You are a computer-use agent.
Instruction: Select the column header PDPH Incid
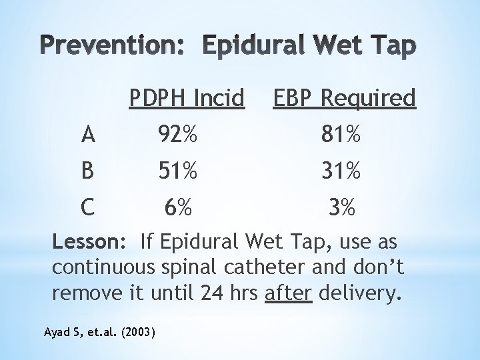point(186,99)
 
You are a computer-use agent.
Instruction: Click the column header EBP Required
point(343,99)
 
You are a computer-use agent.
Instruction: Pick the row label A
point(88,137)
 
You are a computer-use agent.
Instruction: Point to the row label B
point(87,173)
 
